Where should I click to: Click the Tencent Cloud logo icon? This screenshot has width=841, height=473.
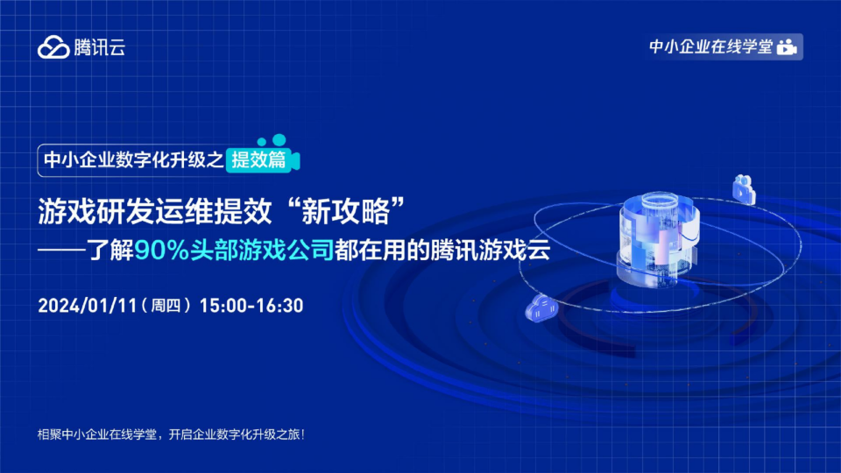tap(53, 47)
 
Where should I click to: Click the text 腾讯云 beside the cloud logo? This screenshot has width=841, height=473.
tap(100, 47)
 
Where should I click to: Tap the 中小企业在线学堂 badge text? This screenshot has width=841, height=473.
tap(711, 46)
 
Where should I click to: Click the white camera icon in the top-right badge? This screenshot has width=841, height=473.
tap(787, 47)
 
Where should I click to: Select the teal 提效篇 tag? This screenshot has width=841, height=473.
tap(259, 159)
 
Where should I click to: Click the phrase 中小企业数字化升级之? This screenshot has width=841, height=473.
tap(133, 159)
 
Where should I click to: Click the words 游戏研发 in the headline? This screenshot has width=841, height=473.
tap(96, 211)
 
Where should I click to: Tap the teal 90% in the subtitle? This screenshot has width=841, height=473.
tap(161, 251)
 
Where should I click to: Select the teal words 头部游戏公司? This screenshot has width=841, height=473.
tap(262, 251)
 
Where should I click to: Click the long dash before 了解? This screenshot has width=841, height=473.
tap(61, 251)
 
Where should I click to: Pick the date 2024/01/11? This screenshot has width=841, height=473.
tap(88, 306)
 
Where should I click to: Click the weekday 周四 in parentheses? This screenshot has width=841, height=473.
tap(166, 306)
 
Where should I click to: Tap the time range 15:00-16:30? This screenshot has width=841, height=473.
tap(251, 306)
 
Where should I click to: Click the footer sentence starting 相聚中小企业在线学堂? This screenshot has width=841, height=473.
tap(171, 434)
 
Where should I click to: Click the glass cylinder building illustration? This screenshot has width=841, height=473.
tap(658, 238)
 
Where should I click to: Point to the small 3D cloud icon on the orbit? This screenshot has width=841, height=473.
tap(541, 308)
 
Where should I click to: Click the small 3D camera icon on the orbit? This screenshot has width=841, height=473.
tap(744, 189)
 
